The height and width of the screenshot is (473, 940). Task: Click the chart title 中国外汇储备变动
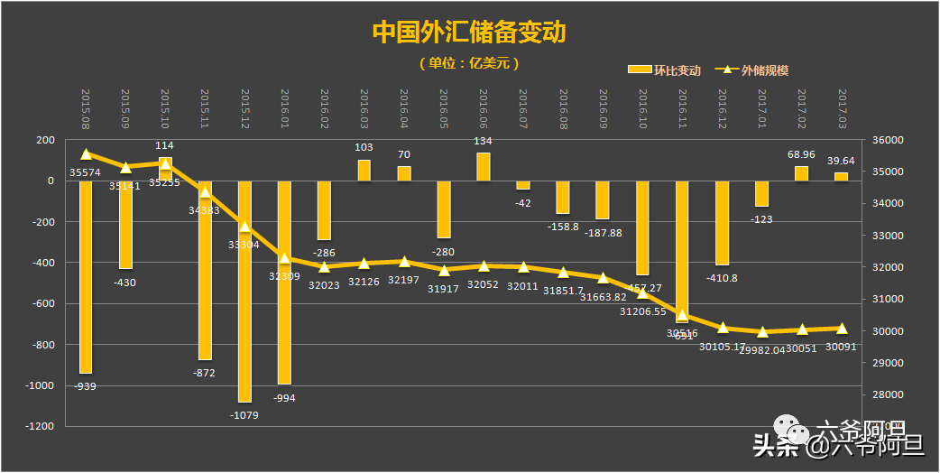469,32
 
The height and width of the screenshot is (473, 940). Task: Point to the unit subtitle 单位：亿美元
469,63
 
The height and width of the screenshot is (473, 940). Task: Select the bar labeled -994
285,282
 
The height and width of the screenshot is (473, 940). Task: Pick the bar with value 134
484,166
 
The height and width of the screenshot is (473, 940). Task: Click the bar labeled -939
86,275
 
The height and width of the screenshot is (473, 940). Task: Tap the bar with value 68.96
801,173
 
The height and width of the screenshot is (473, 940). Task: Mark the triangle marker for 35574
86,154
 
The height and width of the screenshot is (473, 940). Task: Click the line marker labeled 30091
841,329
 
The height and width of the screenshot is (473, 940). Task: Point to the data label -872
205,373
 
